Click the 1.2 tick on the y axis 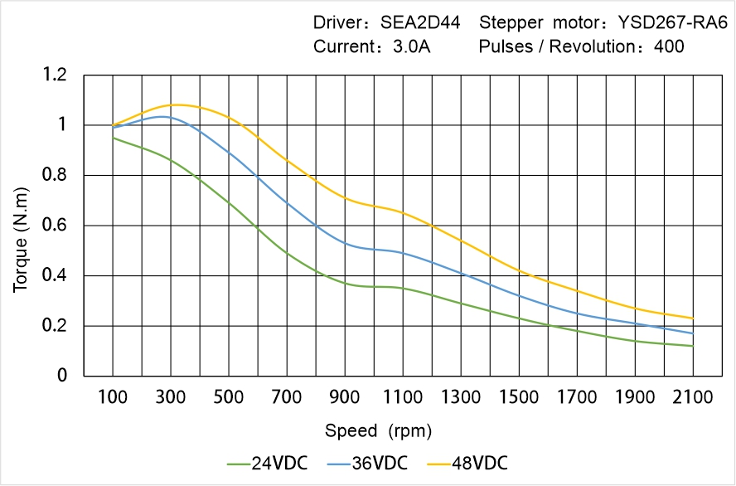55,75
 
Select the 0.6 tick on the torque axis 55,226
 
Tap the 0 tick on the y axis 61,376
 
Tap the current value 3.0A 411,46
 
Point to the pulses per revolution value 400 669,46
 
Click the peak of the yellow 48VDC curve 264,104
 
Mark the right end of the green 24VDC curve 693,346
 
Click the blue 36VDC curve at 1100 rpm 403,252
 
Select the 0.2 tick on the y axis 55,326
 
